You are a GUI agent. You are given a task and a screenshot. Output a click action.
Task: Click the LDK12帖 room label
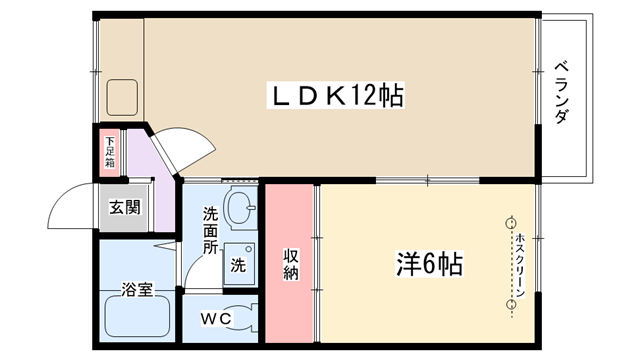click(x=336, y=96)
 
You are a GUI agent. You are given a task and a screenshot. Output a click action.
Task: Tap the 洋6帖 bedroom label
click(x=429, y=264)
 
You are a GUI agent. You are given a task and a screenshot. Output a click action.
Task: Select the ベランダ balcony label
click(x=562, y=92)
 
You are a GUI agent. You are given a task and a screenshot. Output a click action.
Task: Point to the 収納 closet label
click(x=291, y=264)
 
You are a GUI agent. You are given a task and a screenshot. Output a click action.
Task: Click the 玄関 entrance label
click(x=124, y=207)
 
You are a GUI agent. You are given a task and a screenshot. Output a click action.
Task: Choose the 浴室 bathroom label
click(x=137, y=289)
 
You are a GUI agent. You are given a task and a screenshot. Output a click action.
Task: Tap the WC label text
click(x=216, y=318)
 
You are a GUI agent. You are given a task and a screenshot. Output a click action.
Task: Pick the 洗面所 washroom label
click(x=211, y=230)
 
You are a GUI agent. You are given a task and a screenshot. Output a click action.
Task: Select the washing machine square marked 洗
click(x=239, y=264)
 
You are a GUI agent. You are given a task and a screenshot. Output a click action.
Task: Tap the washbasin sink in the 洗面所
click(x=240, y=206)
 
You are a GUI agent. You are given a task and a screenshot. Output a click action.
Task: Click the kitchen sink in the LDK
click(x=122, y=97)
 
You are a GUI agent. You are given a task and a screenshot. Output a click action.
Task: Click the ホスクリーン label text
click(x=520, y=264)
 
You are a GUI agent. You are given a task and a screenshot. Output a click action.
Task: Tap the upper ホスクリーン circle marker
click(x=511, y=223)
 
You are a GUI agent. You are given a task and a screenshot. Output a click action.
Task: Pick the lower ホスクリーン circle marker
click(x=511, y=304)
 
